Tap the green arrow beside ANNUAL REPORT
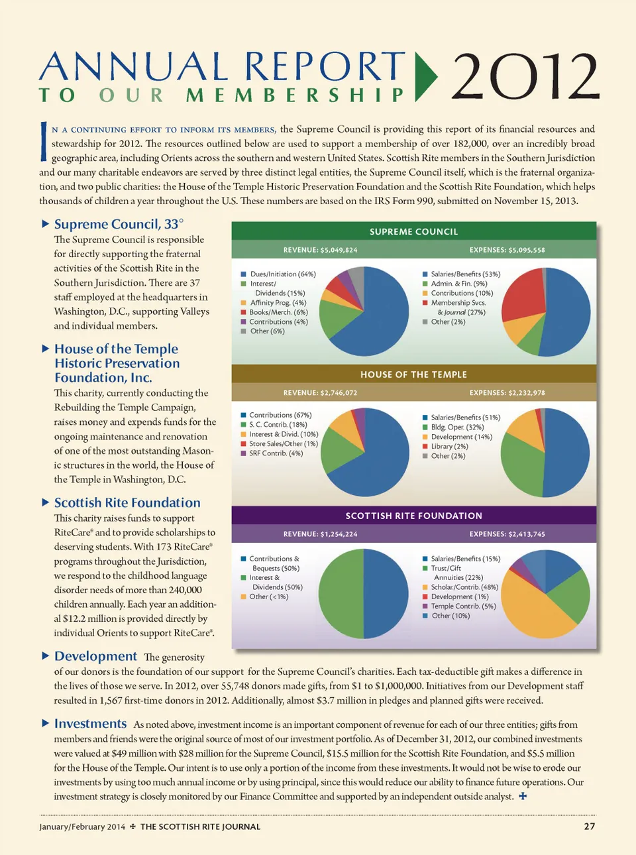tap(425, 76)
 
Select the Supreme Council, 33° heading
tap(119, 224)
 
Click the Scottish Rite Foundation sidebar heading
tap(127, 502)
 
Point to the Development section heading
tap(95, 656)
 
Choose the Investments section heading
tap(90, 724)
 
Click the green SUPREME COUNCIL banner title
tap(413, 231)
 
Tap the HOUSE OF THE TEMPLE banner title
tap(413, 374)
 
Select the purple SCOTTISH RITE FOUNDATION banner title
tap(413, 516)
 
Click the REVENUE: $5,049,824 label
tap(320, 250)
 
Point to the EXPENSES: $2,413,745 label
tap(507, 534)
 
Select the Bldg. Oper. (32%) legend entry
tap(457, 427)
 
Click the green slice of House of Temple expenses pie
tap(520, 464)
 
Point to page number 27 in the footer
tap(589, 826)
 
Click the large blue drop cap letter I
tap(44, 142)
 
